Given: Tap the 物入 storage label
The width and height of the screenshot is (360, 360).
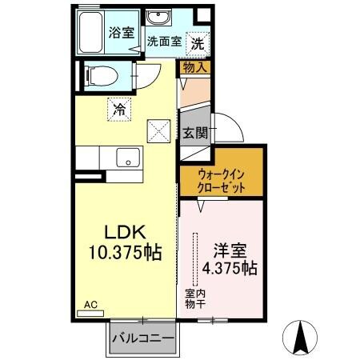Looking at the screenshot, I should [195, 67].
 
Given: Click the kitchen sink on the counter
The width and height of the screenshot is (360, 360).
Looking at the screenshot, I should [126, 158].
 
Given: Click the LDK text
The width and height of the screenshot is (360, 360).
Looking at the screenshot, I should [122, 232].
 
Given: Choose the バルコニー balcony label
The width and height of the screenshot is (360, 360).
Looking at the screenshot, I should [142, 338].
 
